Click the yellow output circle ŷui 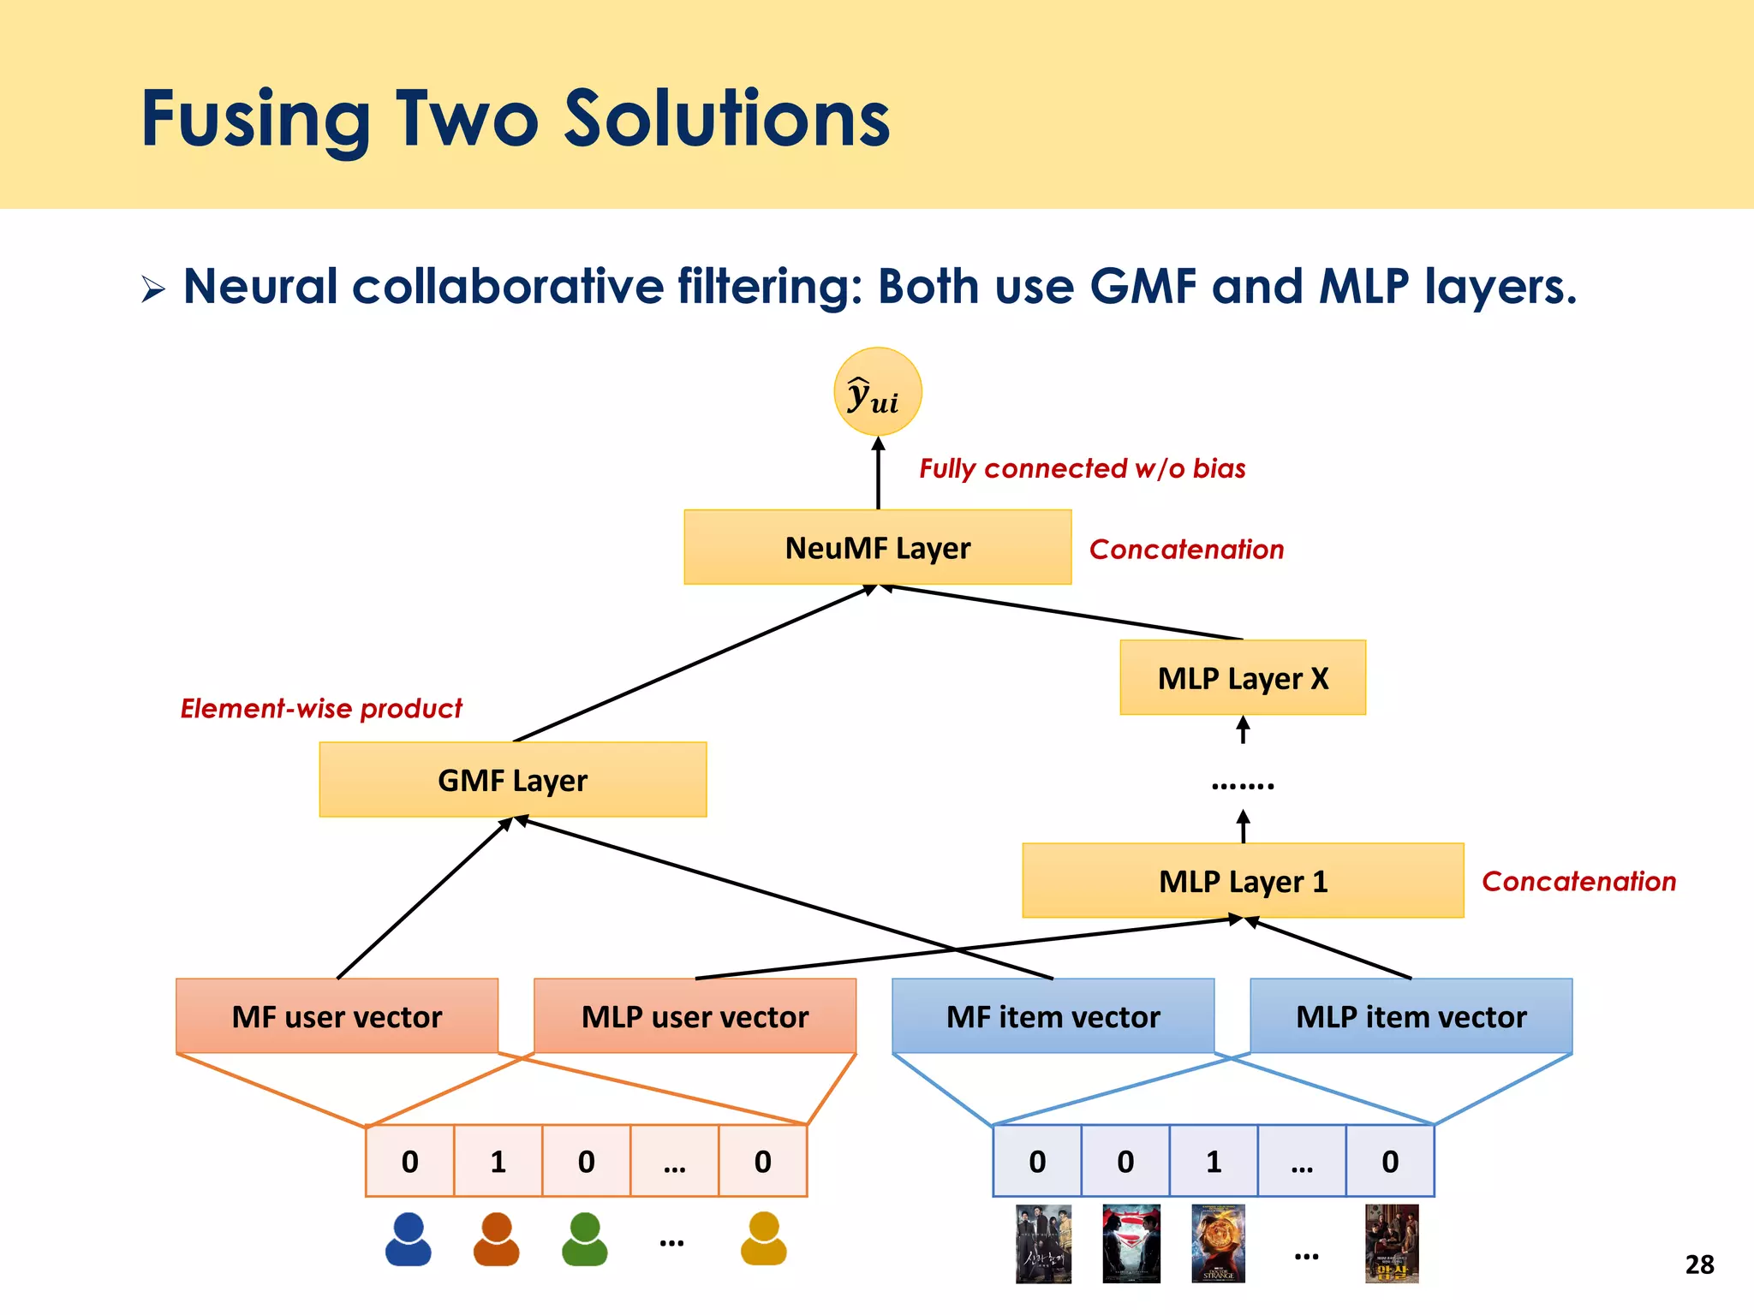(x=877, y=392)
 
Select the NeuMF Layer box (x=877, y=547)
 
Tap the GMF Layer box (x=512, y=779)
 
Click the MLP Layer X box (x=1242, y=677)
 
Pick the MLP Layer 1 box (x=1242, y=880)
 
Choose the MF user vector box (x=337, y=1016)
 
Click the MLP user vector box (x=695, y=1016)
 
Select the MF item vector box (x=1053, y=1016)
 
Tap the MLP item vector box (x=1411, y=1016)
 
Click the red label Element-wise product (x=321, y=709)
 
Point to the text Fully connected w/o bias (x=1082, y=468)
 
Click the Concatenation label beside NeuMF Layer (x=1186, y=549)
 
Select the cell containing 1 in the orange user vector (x=498, y=1161)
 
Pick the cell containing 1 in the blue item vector (x=1213, y=1161)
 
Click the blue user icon (x=409, y=1239)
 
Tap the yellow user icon (x=763, y=1239)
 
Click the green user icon (x=585, y=1239)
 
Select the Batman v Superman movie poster (x=1131, y=1243)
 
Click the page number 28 (x=1699, y=1264)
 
